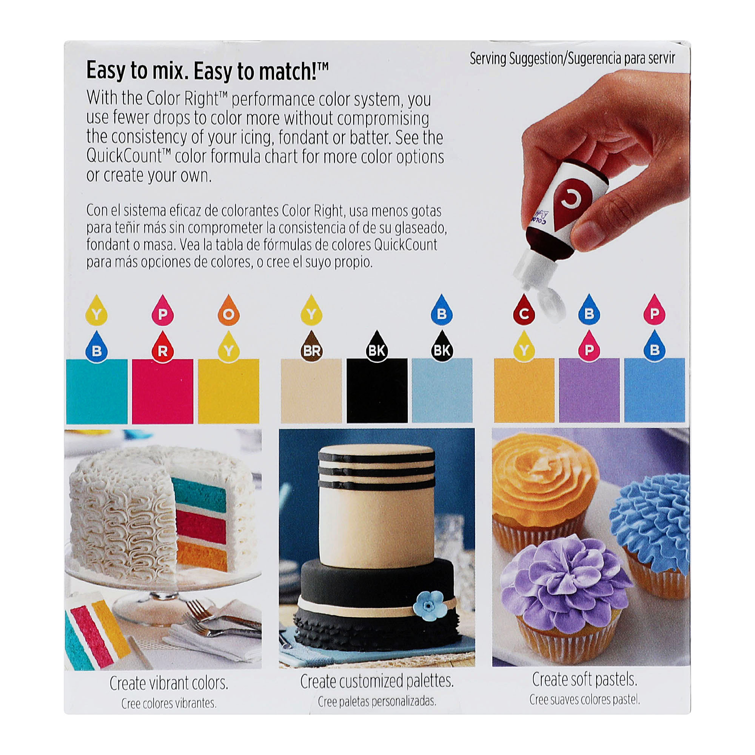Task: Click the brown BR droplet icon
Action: pyautogui.click(x=311, y=347)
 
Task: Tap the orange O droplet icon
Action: pyautogui.click(x=229, y=311)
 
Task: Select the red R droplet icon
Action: pyautogui.click(x=163, y=347)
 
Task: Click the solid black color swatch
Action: pyautogui.click(x=377, y=390)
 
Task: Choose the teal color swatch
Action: pyautogui.click(x=97, y=391)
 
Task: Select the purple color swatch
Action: pyautogui.click(x=589, y=390)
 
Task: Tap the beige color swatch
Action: pyautogui.click(x=311, y=390)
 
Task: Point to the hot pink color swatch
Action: pyautogui.click(x=163, y=391)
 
